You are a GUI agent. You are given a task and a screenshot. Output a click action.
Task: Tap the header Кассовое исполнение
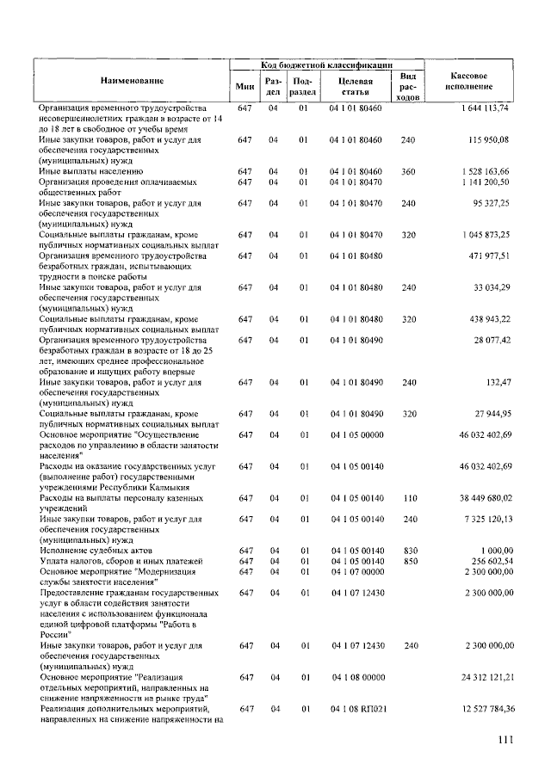[x=469, y=80]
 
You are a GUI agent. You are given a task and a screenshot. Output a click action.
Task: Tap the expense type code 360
[x=408, y=171]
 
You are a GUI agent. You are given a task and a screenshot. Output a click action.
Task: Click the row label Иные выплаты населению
[x=85, y=171]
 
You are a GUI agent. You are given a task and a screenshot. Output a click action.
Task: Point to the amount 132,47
[x=498, y=381]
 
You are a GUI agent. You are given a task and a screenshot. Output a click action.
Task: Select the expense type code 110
[x=408, y=497]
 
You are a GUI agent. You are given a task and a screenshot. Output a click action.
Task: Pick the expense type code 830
[x=408, y=550]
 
